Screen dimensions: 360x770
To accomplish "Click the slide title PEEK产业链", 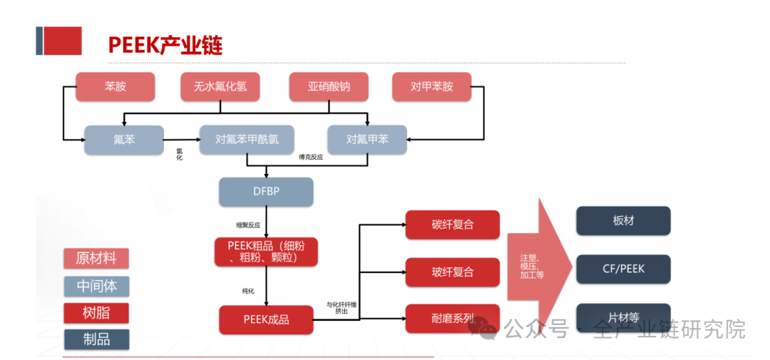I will click(165, 45).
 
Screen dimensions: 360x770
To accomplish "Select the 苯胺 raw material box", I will click(115, 87).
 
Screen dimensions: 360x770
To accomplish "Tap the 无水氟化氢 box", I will click(220, 87).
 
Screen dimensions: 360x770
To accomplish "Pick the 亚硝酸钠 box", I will click(329, 87).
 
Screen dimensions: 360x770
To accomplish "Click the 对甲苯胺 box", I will click(432, 87).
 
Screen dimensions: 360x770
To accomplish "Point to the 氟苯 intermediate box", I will click(124, 140).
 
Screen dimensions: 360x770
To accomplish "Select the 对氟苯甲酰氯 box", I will click(246, 140).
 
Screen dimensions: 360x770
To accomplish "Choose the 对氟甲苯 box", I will click(366, 140).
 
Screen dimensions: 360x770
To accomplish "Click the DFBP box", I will click(266, 192).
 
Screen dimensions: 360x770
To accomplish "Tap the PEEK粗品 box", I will click(266, 252).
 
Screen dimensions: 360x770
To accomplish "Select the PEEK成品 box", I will click(266, 319).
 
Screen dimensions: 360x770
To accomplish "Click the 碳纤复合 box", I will click(452, 225).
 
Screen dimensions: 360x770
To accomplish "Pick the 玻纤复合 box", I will click(452, 272).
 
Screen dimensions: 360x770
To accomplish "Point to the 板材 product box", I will click(623, 221).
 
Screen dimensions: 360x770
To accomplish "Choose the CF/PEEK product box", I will click(623, 269).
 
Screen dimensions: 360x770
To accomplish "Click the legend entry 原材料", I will click(96, 258).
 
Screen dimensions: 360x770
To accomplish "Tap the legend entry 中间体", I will click(96, 286).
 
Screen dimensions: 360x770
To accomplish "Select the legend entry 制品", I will click(96, 339).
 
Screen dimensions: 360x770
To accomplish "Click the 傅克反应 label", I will click(311, 157).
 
